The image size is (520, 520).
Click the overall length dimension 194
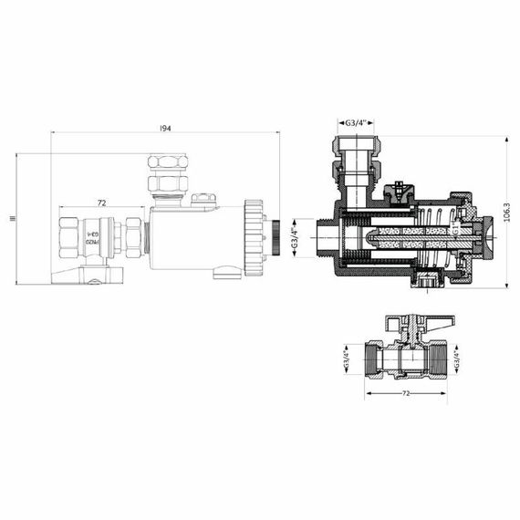[x=165, y=129]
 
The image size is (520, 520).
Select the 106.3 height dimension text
[x=506, y=212]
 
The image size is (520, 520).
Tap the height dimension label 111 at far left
[x=11, y=218]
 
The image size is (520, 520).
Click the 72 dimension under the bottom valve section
[x=406, y=393]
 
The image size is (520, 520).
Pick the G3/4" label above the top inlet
[x=356, y=121]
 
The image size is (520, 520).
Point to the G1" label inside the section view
[x=453, y=231]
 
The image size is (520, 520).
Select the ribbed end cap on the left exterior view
[x=254, y=237]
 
